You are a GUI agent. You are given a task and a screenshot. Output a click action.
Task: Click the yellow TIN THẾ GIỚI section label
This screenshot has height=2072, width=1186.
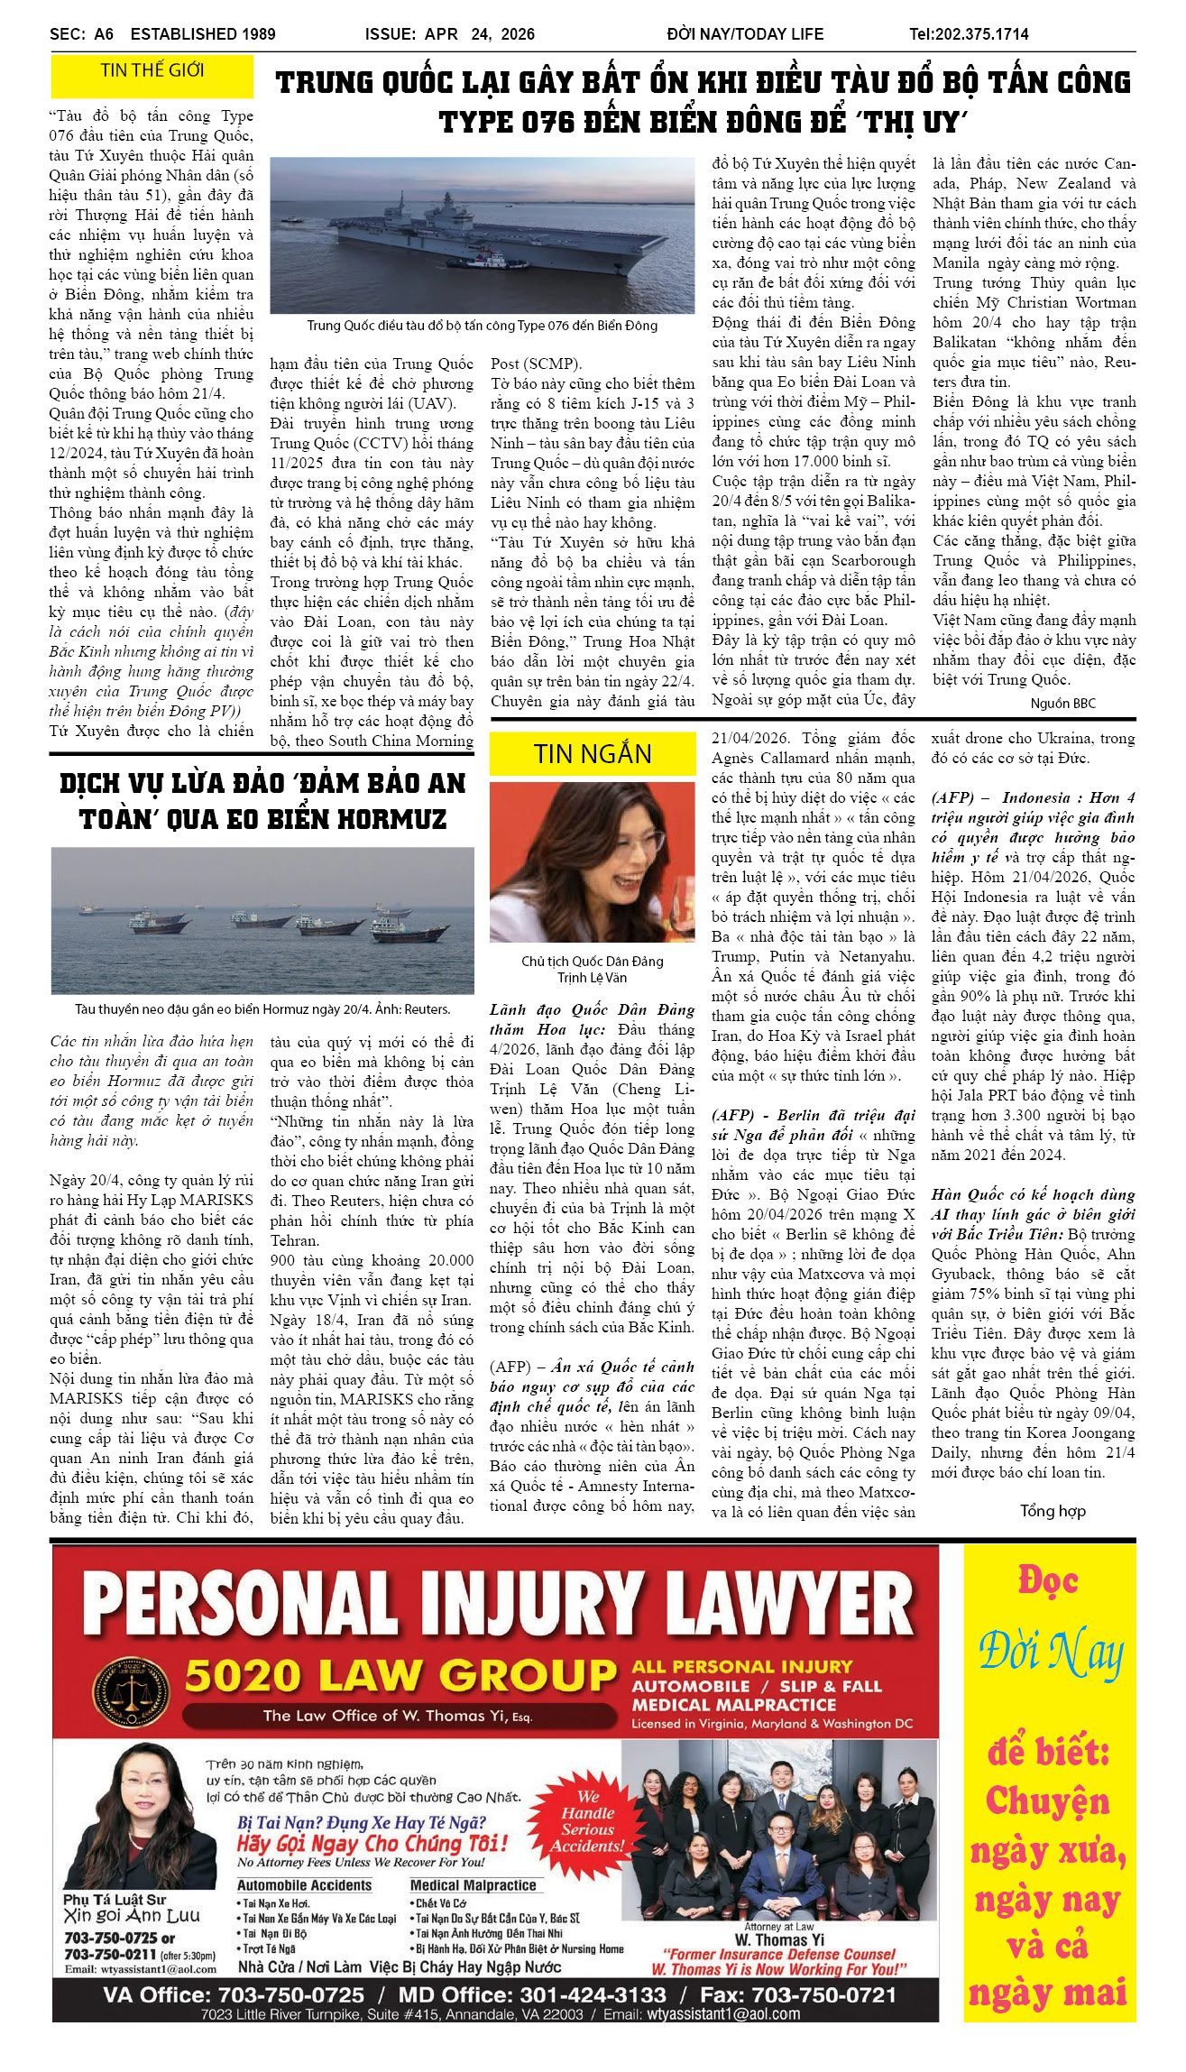click(152, 70)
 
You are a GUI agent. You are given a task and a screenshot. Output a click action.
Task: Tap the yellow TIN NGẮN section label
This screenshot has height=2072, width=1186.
click(592, 753)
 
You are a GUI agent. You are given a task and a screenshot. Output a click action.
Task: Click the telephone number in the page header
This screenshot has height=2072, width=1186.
click(969, 34)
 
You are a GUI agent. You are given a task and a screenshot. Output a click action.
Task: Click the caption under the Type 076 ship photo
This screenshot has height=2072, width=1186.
click(483, 326)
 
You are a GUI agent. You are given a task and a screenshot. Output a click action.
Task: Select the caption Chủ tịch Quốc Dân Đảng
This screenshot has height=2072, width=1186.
click(592, 962)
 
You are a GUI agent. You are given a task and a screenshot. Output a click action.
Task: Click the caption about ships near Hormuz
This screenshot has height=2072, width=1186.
click(262, 1009)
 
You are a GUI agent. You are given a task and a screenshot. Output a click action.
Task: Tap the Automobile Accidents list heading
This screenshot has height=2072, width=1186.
click(304, 1884)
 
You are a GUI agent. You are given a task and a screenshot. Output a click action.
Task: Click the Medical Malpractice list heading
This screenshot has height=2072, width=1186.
click(473, 1884)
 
